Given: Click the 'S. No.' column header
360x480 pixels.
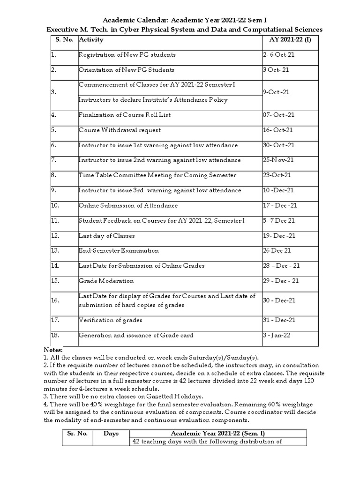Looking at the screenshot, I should [64, 40].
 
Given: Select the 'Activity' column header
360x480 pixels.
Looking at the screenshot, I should [91, 40].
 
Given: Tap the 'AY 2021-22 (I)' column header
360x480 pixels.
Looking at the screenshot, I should [290, 40].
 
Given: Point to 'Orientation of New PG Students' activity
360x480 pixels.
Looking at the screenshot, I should [127, 70].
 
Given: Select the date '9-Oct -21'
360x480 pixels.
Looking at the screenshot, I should [276, 92].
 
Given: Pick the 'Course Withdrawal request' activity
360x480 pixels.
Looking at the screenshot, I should [120, 130].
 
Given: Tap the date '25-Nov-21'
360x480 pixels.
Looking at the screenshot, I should [278, 160].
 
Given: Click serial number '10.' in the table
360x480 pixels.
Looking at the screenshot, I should [55, 205].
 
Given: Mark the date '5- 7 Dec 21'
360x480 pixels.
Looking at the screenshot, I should [279, 220].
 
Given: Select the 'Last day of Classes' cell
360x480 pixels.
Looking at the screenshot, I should [106, 235].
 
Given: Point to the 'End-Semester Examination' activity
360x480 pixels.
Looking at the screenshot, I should [119, 251].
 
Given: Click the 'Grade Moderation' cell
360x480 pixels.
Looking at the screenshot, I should [106, 281].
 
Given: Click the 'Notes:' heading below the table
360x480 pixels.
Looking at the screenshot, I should [53, 350].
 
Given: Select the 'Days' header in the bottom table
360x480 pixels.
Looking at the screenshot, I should [111, 434].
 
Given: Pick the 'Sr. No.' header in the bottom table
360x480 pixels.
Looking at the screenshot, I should [77, 434].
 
